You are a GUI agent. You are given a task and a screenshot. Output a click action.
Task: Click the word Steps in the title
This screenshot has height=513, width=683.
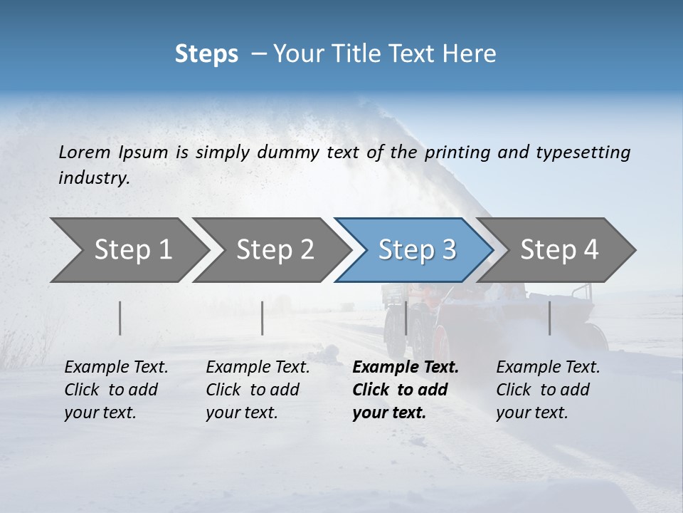(206, 54)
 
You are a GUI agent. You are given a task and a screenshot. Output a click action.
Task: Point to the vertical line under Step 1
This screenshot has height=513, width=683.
(120, 318)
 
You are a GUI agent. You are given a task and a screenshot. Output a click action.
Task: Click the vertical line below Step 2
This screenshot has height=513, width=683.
(263, 318)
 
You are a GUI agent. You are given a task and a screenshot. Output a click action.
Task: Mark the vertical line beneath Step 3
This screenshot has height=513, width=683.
(406, 318)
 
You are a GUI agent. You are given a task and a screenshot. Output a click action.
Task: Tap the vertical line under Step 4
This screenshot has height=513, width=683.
(550, 318)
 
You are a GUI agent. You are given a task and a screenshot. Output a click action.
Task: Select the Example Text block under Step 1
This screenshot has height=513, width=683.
(116, 390)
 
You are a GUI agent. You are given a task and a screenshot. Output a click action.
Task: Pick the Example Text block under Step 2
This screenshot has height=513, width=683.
(258, 390)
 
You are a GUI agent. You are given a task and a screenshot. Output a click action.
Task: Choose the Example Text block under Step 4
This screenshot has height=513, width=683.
(548, 390)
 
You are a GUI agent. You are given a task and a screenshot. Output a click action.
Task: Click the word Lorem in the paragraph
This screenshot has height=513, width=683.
(85, 152)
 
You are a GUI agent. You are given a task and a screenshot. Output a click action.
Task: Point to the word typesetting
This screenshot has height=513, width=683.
(583, 152)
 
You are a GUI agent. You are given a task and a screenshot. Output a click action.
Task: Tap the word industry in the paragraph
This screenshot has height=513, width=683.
(93, 178)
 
